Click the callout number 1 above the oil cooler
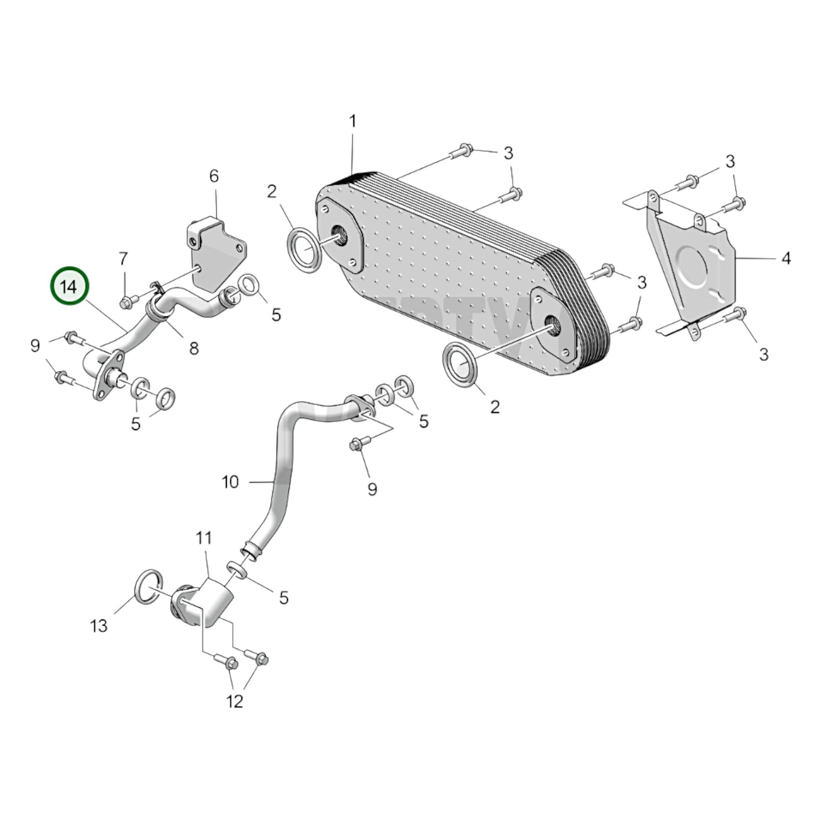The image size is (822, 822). point(352,121)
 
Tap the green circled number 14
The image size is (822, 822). point(69,286)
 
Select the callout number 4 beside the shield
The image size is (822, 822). point(786,258)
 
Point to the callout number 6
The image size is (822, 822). point(214,176)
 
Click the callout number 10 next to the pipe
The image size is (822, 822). point(230,482)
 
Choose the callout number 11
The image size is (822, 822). point(204,538)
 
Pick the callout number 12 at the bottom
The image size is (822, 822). point(234,701)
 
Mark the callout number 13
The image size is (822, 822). point(98,626)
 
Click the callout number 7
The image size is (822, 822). point(123,259)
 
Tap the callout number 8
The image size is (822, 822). point(194,348)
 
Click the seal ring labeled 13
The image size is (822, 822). point(149,585)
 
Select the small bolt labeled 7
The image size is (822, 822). point(126,299)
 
